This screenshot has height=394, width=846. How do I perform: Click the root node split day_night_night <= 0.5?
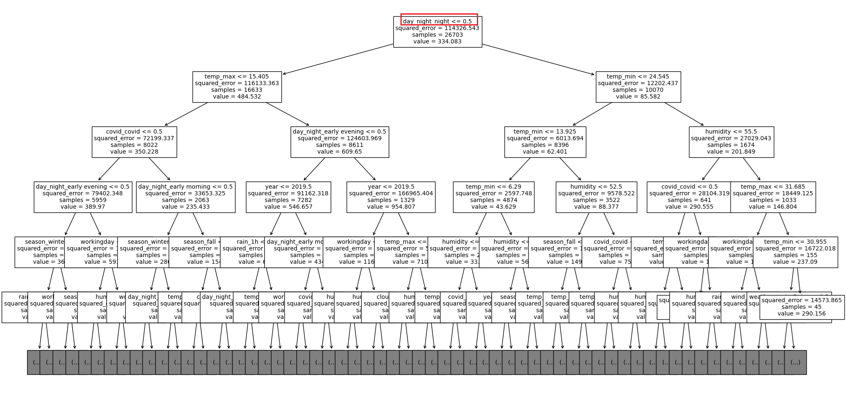click(437, 21)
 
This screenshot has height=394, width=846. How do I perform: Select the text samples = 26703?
click(437, 35)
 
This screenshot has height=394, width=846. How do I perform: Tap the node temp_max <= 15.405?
click(237, 86)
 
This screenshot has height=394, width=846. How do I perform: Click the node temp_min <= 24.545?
click(638, 86)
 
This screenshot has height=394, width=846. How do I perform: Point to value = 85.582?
click(638, 96)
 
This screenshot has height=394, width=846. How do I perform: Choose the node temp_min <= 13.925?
click(545, 141)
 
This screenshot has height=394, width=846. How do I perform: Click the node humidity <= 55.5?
click(731, 141)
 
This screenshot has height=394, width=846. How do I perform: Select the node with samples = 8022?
click(134, 141)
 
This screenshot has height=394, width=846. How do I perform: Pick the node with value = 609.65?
click(339, 141)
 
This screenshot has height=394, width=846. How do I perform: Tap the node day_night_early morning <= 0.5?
click(185, 197)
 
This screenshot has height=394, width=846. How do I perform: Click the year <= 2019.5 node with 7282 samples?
click(288, 197)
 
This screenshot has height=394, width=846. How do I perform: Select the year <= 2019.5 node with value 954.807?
click(391, 197)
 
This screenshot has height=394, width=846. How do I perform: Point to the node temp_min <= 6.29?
click(494, 197)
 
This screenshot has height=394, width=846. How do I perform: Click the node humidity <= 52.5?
click(596, 197)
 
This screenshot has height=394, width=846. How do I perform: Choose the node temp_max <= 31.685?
click(773, 197)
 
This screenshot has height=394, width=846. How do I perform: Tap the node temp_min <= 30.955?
click(795, 252)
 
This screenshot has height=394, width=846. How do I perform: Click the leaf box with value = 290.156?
click(802, 307)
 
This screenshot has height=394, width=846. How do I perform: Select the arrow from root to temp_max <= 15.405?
click(338, 59)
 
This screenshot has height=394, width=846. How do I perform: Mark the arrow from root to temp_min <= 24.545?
click(538, 59)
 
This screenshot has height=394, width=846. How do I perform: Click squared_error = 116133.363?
click(237, 83)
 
